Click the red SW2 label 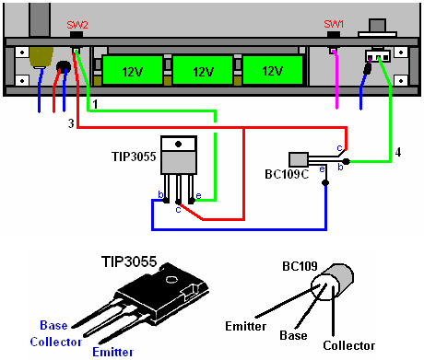[x=77, y=25]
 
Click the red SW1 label [x=334, y=24]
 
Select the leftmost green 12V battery [x=133, y=70]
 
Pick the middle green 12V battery [x=203, y=70]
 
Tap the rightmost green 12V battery [x=273, y=70]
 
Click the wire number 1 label [x=95, y=104]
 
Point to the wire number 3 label [x=71, y=123]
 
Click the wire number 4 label [x=398, y=152]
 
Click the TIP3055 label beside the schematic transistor [x=134, y=157]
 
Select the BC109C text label [x=287, y=174]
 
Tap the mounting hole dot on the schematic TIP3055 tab [x=178, y=144]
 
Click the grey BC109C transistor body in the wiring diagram [x=299, y=160]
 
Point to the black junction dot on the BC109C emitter [x=325, y=183]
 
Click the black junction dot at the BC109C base [x=347, y=161]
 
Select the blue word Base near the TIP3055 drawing [x=53, y=325]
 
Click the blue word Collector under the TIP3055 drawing [x=56, y=342]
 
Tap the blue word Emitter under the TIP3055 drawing [x=113, y=352]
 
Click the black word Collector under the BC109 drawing [x=349, y=345]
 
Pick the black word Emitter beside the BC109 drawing [x=246, y=326]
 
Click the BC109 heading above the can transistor [x=300, y=266]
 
